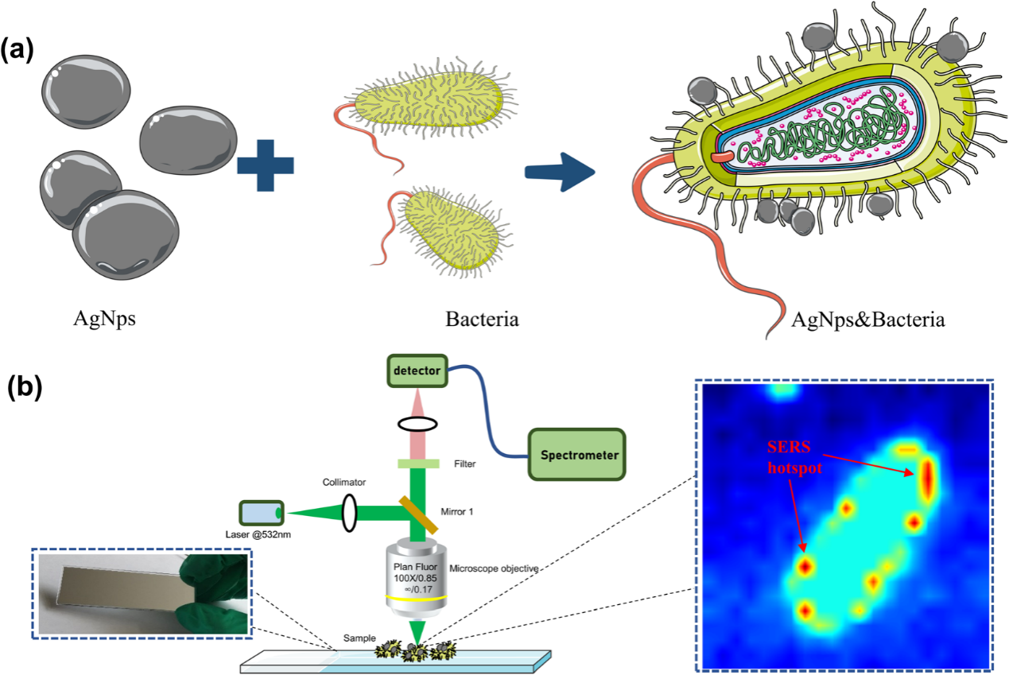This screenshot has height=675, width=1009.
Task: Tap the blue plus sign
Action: tap(265, 164)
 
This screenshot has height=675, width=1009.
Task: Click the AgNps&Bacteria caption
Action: tap(868, 320)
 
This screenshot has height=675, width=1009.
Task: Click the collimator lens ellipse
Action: tap(349, 512)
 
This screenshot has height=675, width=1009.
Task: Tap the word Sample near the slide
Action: tap(360, 638)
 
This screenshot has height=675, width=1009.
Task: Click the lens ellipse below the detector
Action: tap(417, 424)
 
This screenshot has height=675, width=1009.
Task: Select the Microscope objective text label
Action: tap(494, 568)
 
